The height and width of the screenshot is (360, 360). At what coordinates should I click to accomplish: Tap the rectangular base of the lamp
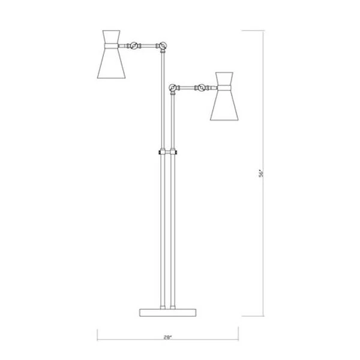click(x=167, y=311)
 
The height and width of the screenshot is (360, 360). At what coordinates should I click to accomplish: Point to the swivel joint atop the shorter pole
click(x=174, y=89)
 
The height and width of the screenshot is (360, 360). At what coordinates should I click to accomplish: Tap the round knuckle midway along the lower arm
click(x=199, y=88)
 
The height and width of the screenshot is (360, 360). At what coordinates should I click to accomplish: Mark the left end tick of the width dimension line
click(x=97, y=336)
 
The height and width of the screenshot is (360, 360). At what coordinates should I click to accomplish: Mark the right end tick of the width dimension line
click(x=238, y=336)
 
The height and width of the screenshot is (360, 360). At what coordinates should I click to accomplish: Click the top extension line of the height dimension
click(x=252, y=28)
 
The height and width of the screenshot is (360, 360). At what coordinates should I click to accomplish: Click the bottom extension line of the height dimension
click(x=252, y=316)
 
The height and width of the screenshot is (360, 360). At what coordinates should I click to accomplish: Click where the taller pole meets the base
click(x=162, y=307)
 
